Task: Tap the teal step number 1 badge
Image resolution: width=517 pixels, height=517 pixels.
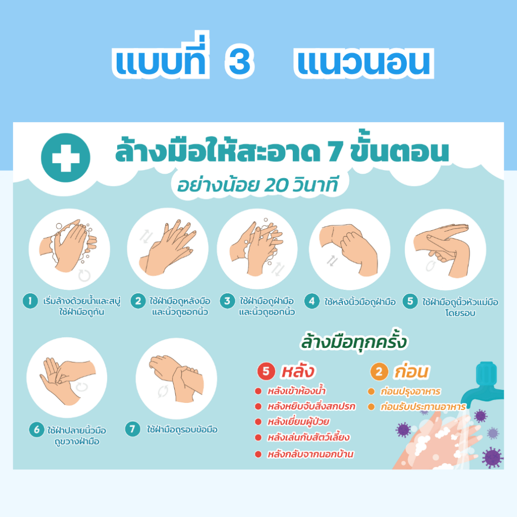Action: coord(30,301)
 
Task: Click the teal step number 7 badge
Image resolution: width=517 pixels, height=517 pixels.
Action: coord(132,430)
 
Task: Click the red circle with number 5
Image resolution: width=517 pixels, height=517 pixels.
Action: coord(266,372)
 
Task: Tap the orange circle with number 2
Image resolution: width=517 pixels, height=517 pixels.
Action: coord(379,372)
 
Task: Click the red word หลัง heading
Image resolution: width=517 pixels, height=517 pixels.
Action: coord(298,372)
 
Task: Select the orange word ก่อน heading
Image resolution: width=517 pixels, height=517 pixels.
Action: coord(411,372)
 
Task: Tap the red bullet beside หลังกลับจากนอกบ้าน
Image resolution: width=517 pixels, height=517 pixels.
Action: coord(257,454)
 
